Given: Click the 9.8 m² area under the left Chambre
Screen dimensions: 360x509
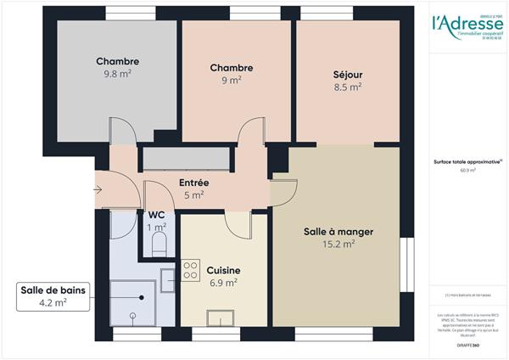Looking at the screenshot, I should click(x=117, y=75).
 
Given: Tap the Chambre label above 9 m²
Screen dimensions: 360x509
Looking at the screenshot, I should click(x=232, y=68).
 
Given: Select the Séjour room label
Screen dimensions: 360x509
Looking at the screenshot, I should click(x=347, y=73).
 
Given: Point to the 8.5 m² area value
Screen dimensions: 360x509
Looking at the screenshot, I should click(x=347, y=86).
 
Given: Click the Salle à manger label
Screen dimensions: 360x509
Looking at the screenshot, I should click(x=338, y=231).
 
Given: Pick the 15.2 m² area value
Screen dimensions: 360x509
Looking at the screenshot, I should click(x=338, y=244).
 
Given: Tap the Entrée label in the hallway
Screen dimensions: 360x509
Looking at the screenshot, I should click(x=193, y=183).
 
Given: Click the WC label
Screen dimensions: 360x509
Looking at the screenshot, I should click(x=157, y=216).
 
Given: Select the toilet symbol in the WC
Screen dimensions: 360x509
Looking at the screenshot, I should click(x=158, y=245).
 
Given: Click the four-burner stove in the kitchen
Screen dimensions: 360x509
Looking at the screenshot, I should click(x=191, y=274).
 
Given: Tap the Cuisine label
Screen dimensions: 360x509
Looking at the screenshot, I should click(x=223, y=270).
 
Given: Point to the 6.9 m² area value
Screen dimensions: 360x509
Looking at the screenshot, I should click(x=223, y=283).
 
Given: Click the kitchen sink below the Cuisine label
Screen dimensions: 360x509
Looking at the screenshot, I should click(x=221, y=318).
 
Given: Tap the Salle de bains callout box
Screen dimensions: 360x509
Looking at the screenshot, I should click(x=53, y=295).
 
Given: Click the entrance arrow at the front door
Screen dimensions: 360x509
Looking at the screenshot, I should click(x=98, y=189).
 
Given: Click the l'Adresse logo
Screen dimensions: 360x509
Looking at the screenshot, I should click(x=465, y=25).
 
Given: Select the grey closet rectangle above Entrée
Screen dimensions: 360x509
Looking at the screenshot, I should click(x=187, y=158).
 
